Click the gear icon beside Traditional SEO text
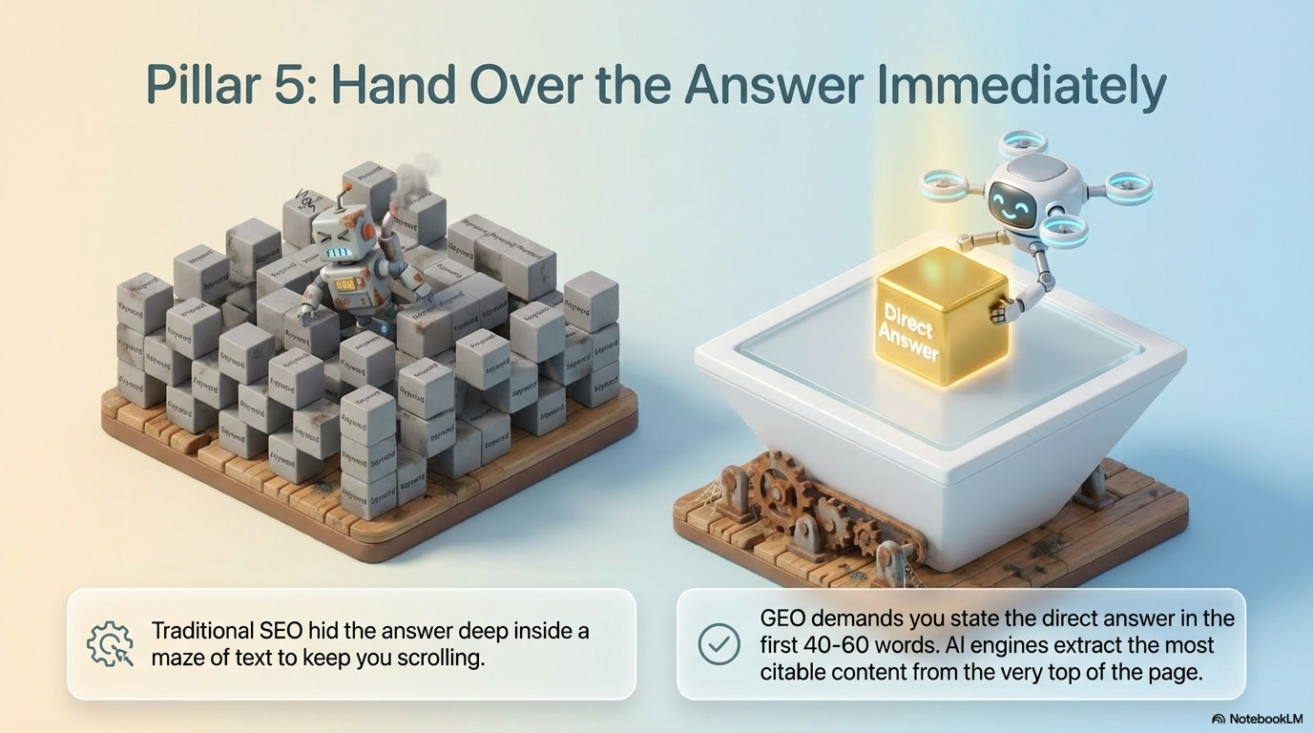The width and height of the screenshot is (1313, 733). (x=109, y=644)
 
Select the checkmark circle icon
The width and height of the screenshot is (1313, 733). (x=719, y=644)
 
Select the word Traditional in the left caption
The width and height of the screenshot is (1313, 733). (x=201, y=631)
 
